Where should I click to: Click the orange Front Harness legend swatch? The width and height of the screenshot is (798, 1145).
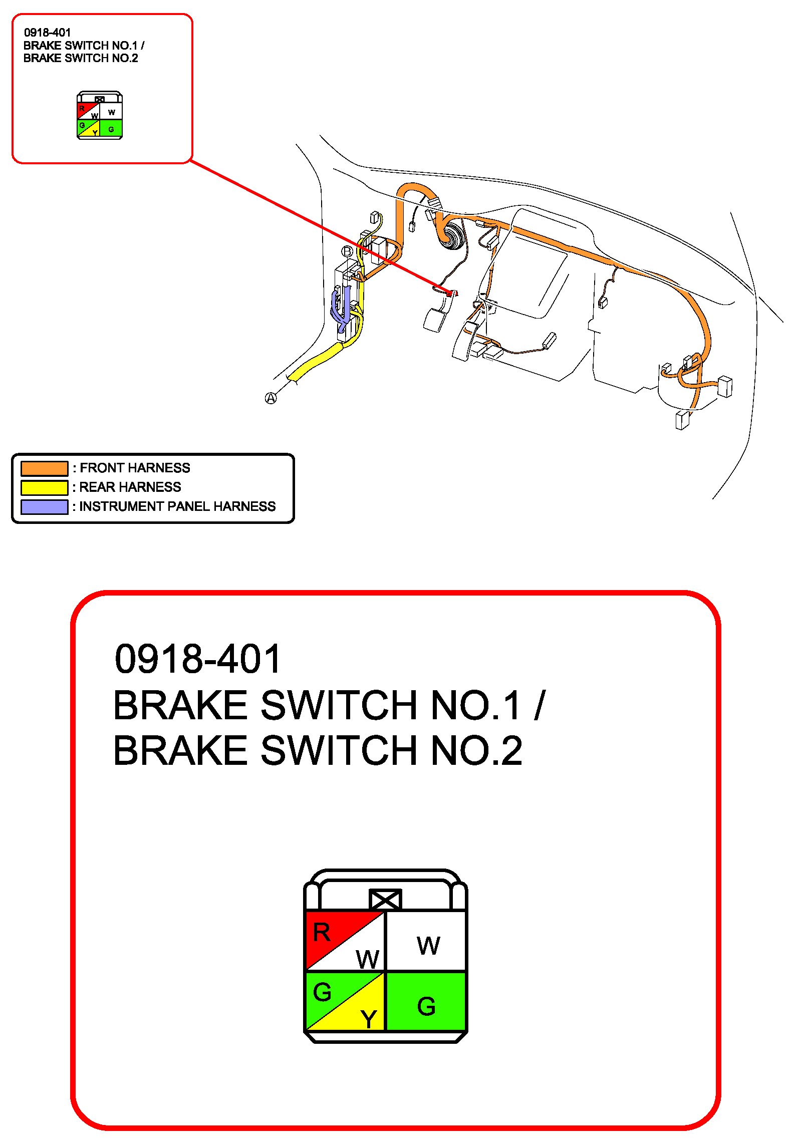44,468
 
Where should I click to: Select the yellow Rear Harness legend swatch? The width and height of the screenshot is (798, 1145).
44,487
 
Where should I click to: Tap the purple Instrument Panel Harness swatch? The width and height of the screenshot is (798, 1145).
44,506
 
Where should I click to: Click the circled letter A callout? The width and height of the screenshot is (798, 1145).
271,398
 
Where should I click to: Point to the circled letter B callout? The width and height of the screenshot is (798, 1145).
347,251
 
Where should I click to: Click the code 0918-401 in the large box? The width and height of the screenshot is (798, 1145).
198,659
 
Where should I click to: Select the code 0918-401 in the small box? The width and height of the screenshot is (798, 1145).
48,33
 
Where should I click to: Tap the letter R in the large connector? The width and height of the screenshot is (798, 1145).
322,933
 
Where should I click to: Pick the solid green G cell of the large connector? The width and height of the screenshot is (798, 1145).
426,1002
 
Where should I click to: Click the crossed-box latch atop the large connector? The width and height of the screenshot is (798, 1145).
385,900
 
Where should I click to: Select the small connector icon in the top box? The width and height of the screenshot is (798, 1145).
100,116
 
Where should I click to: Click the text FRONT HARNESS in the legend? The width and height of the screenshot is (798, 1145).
135,468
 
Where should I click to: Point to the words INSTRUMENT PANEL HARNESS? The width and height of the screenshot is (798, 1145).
177,506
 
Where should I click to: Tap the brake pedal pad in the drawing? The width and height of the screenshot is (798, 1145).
435,319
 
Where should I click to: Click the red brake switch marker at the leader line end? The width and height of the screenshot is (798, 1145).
450,294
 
